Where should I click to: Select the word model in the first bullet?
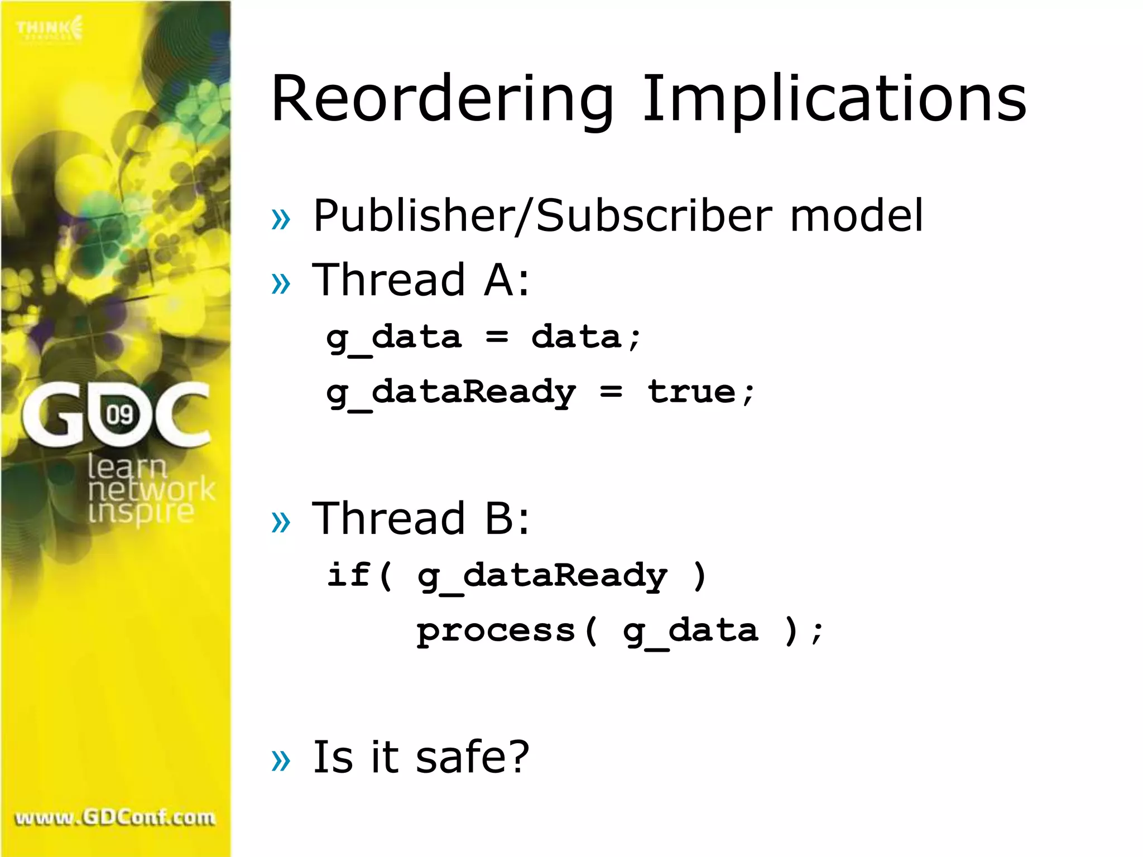(857, 216)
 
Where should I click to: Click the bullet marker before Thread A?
(281, 283)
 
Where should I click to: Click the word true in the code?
(691, 392)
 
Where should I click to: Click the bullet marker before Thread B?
(281, 522)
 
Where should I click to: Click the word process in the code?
(496, 632)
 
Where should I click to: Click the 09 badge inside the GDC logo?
(119, 415)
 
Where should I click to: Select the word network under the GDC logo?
(151, 489)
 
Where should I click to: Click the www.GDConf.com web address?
(115, 818)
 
